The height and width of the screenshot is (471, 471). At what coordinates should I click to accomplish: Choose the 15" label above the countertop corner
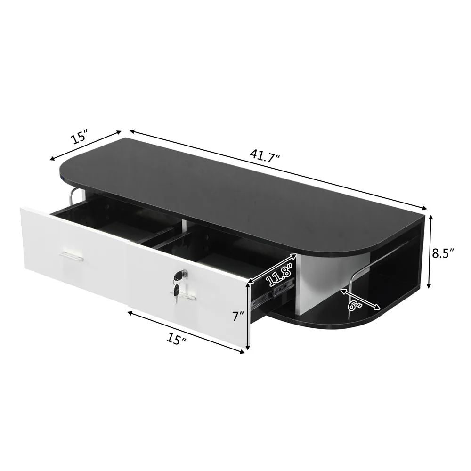point(80,137)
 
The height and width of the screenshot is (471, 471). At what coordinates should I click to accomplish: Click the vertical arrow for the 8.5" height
point(429,252)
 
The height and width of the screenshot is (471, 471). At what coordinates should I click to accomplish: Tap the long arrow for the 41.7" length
point(278,170)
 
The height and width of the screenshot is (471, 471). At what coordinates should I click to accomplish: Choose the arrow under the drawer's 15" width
point(186,332)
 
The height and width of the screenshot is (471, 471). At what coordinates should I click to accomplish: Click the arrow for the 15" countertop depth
point(86,145)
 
